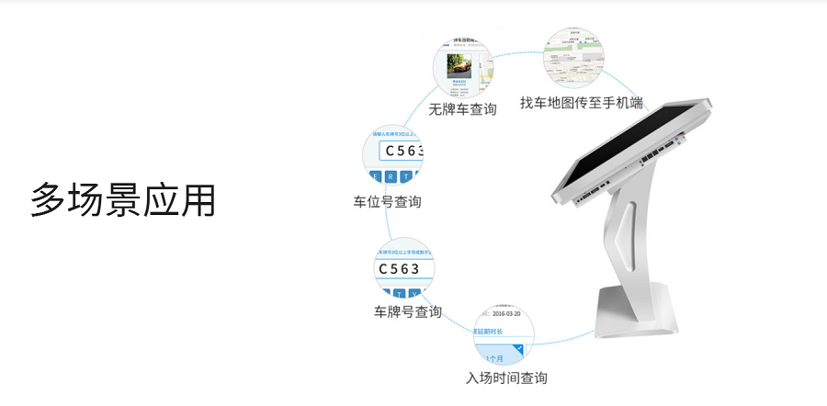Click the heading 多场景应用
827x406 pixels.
coord(123,200)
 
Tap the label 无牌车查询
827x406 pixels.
coord(462,109)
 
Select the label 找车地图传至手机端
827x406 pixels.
coord(581,102)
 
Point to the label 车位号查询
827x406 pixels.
coord(387,201)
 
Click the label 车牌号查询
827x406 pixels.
coord(407,311)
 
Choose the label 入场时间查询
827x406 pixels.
coord(506,378)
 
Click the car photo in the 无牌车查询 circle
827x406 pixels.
coord(459,66)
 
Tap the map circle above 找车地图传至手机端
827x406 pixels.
coord(575,57)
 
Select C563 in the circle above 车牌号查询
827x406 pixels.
coord(398,269)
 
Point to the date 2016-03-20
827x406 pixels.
coord(499,313)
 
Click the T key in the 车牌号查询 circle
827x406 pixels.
coord(399,294)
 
